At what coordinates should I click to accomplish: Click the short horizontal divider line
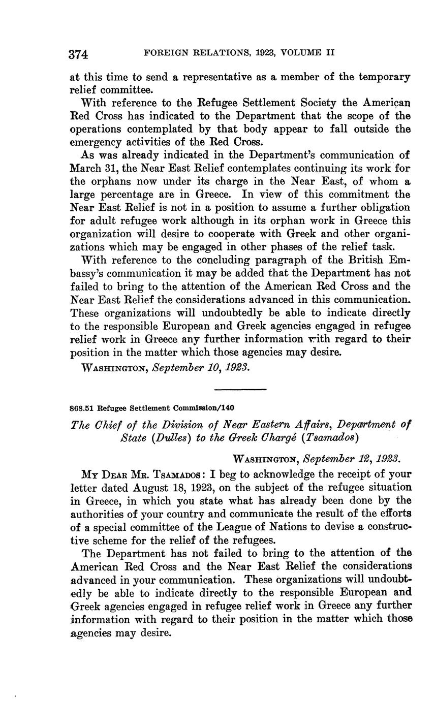240,390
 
